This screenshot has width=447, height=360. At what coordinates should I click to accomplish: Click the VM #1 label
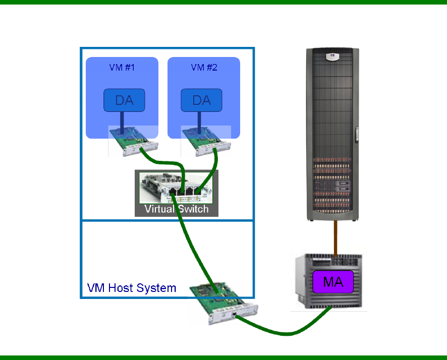pos(122,68)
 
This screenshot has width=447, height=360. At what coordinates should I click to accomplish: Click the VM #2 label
pos(204,68)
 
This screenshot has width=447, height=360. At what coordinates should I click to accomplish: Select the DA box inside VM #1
pos(124,100)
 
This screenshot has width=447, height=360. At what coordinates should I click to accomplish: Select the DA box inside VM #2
pos(202,100)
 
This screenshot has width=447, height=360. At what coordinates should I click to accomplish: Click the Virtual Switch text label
pos(176,209)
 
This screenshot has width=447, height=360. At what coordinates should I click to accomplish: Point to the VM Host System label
pos(132,288)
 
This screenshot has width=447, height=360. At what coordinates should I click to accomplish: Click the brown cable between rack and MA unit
pos(334,237)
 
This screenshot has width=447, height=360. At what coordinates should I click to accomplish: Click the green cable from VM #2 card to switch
pos(213,166)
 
